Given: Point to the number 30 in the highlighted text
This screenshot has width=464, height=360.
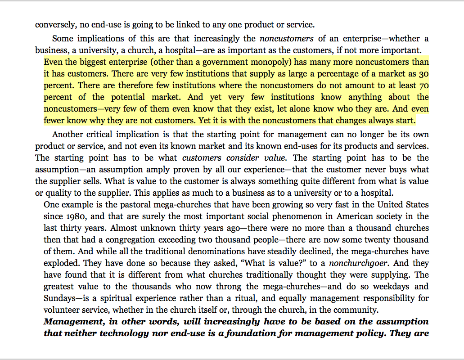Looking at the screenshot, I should click(x=423, y=74).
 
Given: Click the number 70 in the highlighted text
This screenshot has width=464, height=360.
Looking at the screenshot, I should click(x=423, y=85).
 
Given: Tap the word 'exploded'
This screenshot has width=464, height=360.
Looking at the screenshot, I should click(x=62, y=263).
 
